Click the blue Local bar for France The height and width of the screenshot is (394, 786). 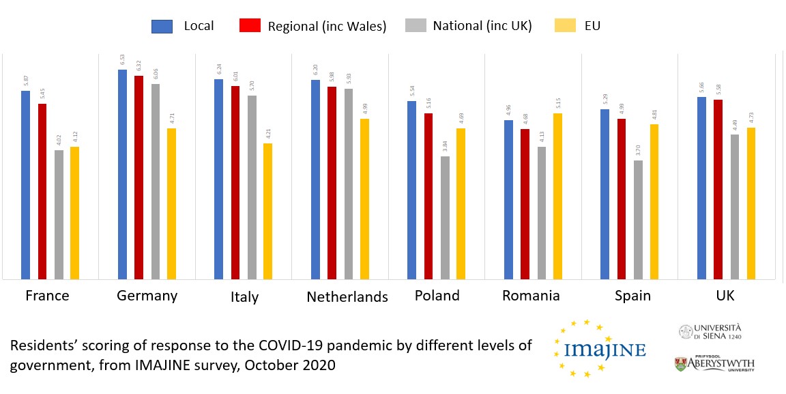(x=25, y=184)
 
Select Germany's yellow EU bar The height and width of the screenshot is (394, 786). (x=171, y=203)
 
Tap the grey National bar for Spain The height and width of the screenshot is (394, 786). (x=638, y=219)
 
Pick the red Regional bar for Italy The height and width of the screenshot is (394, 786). (x=235, y=182)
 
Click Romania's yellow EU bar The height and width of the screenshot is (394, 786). (x=557, y=196)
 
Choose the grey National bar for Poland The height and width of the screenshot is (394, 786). (x=445, y=217)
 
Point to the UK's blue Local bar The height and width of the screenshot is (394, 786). (x=701, y=188)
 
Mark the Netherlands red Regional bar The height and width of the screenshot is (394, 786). (x=332, y=182)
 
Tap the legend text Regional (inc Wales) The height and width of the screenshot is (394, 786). (x=327, y=27)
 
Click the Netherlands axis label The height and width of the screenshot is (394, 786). (x=347, y=296)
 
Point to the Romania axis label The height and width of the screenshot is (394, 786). (x=531, y=296)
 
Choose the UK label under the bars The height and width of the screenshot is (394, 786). (x=725, y=296)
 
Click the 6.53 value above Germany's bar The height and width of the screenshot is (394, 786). (x=123, y=60)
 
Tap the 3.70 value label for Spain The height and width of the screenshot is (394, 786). (x=639, y=151)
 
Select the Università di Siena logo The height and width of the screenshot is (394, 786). (x=710, y=332)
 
